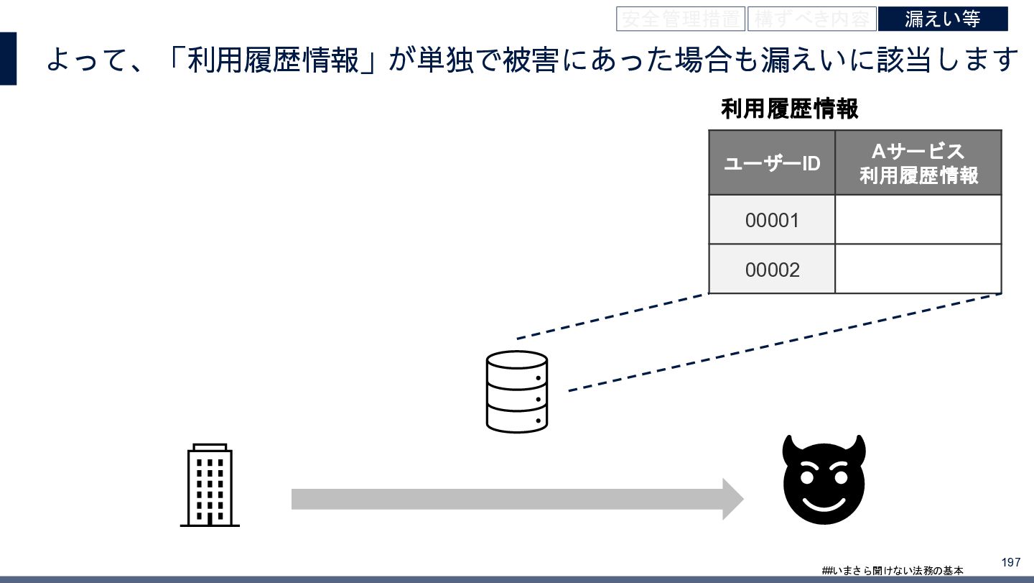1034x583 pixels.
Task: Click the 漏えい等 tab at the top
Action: point(942,19)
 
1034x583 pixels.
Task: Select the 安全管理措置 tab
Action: point(680,19)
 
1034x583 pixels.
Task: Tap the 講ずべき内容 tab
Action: point(811,19)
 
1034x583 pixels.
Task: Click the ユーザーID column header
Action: point(772,163)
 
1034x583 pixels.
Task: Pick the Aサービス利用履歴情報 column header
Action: point(918,163)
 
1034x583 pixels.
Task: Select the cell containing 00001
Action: point(772,220)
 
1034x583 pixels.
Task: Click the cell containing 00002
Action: point(772,270)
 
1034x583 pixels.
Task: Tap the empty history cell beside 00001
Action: point(918,220)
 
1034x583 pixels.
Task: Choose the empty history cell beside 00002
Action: point(918,270)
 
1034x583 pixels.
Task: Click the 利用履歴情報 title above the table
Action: point(789,109)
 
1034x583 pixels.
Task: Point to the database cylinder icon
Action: point(517,392)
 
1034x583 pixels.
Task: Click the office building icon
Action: point(210,486)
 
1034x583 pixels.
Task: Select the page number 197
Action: point(1010,562)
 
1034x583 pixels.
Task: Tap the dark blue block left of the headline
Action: point(8,58)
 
